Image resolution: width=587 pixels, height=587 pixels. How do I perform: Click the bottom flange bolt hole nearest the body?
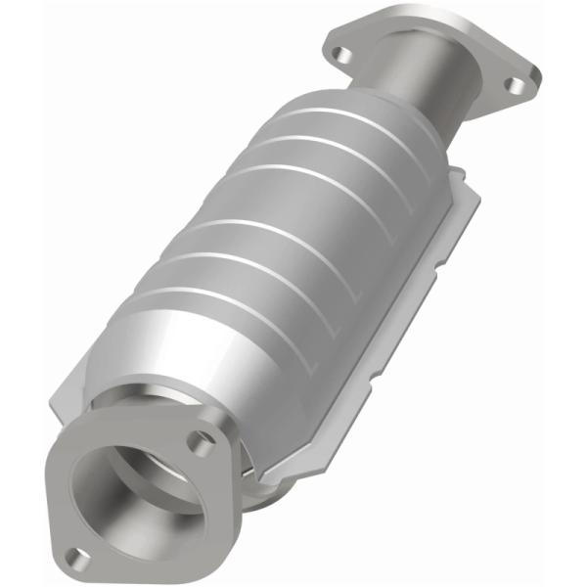pos(201,444)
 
